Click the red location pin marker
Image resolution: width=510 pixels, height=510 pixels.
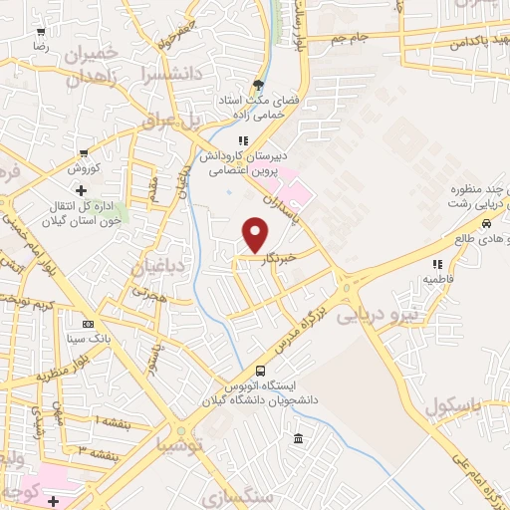pyautogui.click(x=257, y=235)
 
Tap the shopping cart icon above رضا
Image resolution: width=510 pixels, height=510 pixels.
pyautogui.click(x=41, y=31)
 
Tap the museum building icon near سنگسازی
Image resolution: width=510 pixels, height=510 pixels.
pyautogui.click(x=298, y=440)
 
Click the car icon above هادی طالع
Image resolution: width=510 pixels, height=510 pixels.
pyautogui.click(x=485, y=224)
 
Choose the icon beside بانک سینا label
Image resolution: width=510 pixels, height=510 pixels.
pyautogui.click(x=89, y=324)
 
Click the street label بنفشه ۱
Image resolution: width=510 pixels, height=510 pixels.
pyautogui.click(x=113, y=421)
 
